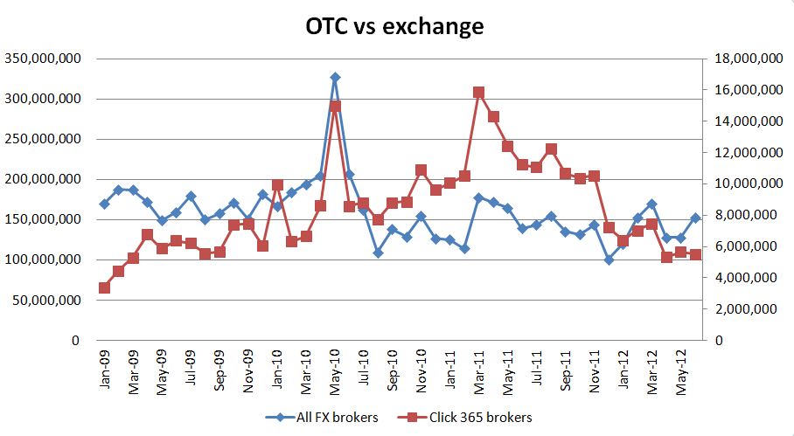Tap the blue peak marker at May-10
coord(335,78)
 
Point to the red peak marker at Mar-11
coord(478,92)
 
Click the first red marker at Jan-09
coord(104,287)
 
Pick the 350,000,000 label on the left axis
coord(44,59)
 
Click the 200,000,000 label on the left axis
coord(44,179)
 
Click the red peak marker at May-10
coord(335,106)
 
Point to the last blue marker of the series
coord(695,218)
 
